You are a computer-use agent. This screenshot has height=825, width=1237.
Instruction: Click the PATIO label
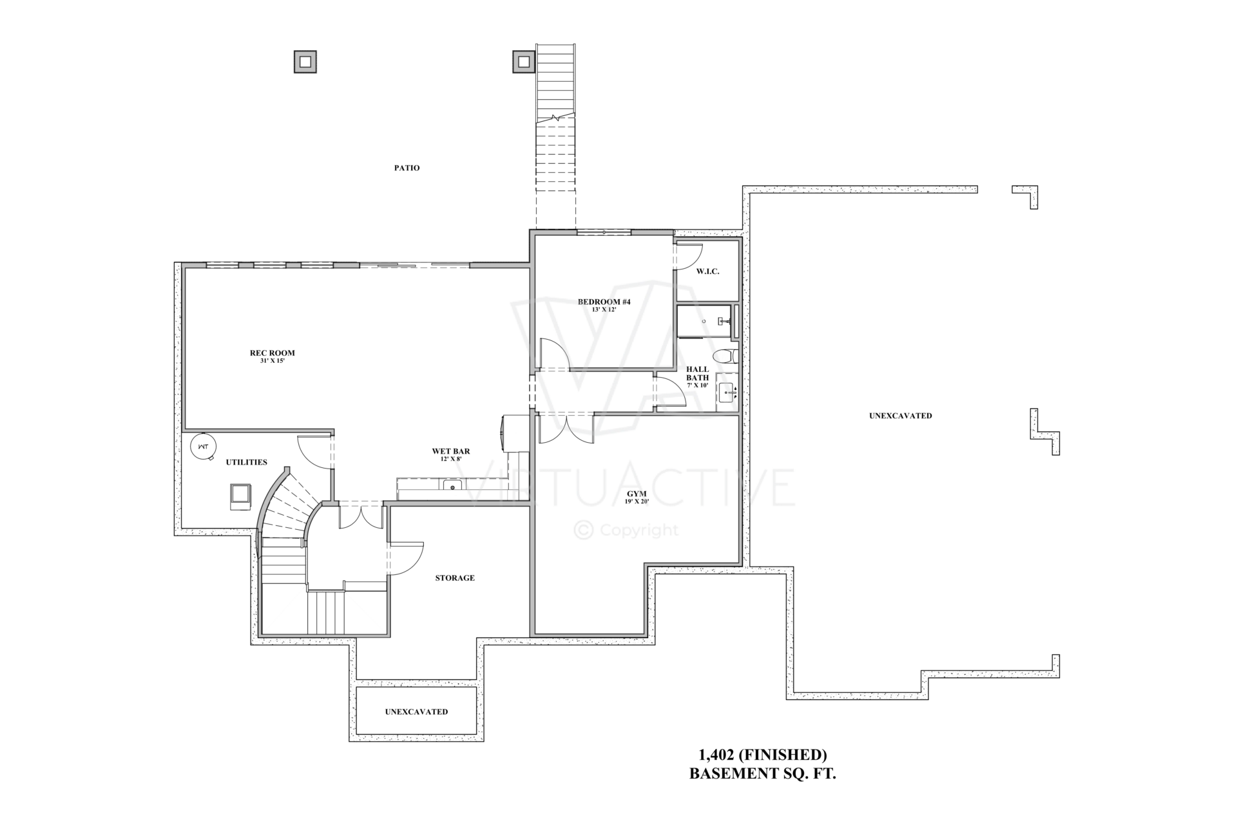[407, 168]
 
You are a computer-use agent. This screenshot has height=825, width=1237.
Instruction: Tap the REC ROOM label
[273, 353]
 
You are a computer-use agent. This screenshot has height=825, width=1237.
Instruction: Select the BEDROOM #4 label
[604, 302]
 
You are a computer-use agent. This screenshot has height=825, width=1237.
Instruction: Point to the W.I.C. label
[707, 271]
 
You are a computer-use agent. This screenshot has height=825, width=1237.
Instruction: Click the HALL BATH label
[697, 374]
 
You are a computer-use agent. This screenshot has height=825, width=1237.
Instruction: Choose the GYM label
[637, 494]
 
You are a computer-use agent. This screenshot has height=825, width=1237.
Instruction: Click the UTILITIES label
[246, 463]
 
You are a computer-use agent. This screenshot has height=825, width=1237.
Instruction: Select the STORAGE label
[455, 578]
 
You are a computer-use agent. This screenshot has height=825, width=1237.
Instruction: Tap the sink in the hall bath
[728, 392]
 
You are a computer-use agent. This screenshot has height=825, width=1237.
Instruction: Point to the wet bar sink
[452, 486]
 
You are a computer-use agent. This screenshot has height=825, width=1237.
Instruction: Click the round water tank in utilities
[203, 446]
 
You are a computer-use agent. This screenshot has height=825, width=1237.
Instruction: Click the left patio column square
[305, 62]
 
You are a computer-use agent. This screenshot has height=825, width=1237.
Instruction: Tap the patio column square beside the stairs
[524, 62]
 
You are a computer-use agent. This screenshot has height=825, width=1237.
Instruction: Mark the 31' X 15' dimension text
[272, 361]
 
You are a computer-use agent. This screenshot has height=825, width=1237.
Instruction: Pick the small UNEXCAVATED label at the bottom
[417, 712]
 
